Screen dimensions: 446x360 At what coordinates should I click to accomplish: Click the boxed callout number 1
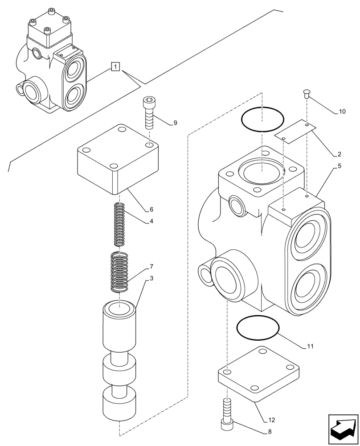coord(115,67)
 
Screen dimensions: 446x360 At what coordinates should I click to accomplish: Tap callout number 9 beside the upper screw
coord(175,123)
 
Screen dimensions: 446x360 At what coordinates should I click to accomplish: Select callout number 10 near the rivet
coord(342,112)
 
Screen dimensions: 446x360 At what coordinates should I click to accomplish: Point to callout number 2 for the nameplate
coord(339,154)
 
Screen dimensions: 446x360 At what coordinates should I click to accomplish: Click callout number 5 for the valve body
coord(339,166)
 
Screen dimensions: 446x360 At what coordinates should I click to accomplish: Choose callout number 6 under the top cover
coord(151,209)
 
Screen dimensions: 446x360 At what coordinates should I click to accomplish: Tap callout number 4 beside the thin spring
coord(151,221)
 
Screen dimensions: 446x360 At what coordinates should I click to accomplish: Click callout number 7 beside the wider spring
coord(151,267)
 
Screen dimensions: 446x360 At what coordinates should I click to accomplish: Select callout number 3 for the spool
coord(151,278)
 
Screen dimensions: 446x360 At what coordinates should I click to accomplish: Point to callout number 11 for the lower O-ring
coord(310,346)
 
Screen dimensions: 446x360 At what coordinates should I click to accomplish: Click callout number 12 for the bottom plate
coord(272,420)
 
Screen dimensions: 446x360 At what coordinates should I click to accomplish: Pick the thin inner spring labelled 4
coord(119,224)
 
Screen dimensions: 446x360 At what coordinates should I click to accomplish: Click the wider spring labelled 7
coord(119,272)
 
